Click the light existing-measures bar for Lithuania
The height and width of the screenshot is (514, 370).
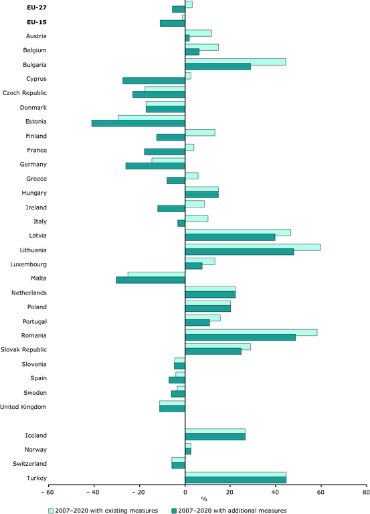pos(253,247)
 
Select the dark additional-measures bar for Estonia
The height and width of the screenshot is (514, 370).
pos(138,123)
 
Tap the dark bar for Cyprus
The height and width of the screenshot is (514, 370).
pos(154,80)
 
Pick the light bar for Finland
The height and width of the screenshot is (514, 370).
pos(200,133)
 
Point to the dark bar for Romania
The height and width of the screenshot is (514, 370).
pos(240,337)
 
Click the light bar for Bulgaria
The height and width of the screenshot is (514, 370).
pos(236,62)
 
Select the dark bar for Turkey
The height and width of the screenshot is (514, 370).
pos(236,480)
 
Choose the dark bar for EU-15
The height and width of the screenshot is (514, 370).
pos(173,23)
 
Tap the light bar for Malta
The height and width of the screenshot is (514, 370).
pos(157,274)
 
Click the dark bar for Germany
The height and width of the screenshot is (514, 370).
pos(155,166)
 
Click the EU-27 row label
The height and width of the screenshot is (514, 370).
pos(37,7)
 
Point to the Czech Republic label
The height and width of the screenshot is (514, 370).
pos(25,93)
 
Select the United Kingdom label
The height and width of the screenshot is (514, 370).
pos(23,407)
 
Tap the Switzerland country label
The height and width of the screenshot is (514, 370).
pos(30,464)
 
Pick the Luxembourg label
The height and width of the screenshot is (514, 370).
pos(29,264)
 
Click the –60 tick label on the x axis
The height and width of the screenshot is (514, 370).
pos(46,493)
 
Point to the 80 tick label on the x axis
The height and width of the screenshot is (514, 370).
pos(366,493)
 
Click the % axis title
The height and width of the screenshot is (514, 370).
pos(204,499)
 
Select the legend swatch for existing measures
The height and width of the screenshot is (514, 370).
pos(51,511)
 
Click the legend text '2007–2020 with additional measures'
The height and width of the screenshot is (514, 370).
pos(232,511)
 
